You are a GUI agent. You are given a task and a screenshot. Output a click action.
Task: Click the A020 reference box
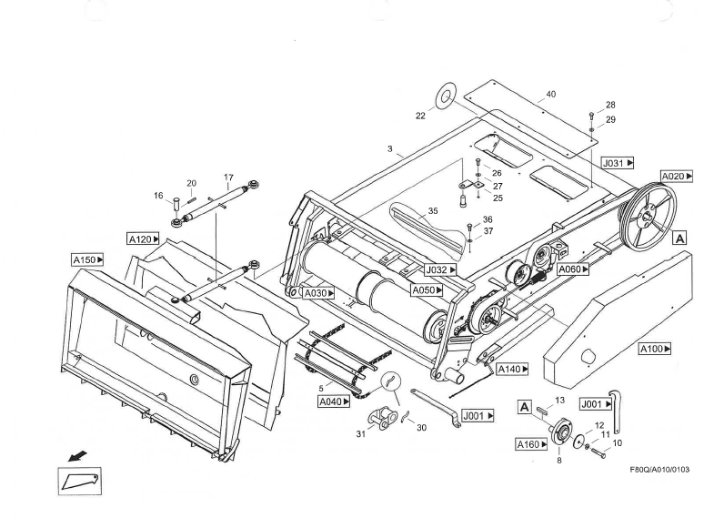(676, 177)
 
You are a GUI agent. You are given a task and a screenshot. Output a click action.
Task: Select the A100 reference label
(655, 349)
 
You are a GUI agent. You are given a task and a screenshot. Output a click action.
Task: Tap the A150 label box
(87, 259)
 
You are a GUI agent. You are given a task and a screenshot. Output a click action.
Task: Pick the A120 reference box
(144, 239)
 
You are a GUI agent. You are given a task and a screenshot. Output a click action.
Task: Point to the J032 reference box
(440, 270)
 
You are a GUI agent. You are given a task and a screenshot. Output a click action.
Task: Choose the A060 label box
(573, 269)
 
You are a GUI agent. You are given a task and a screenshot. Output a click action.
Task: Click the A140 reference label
(512, 369)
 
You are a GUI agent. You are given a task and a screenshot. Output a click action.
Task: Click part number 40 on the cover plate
(550, 95)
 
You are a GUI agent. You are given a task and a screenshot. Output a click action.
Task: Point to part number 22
(420, 116)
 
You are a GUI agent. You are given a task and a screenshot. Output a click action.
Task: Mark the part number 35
(433, 210)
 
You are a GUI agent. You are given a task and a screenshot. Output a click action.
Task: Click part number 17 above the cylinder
(228, 177)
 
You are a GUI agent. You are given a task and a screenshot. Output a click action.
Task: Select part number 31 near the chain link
(360, 433)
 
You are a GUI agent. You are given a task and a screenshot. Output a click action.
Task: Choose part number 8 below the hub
(558, 461)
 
